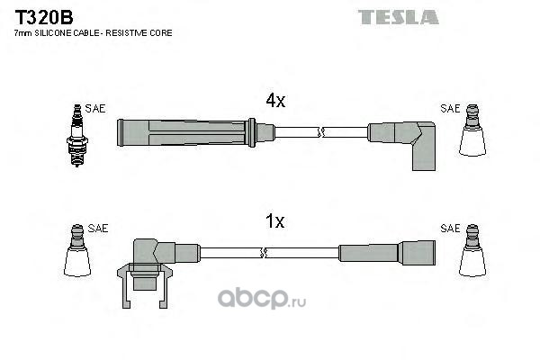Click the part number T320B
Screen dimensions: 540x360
pyautogui.click(x=44, y=18)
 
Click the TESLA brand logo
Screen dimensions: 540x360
pyautogui.click(x=398, y=17)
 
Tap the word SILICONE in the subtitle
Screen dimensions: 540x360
pyautogui.click(x=53, y=33)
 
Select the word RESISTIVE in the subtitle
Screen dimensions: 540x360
pyautogui.click(x=127, y=33)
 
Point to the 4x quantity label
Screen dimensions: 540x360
pyautogui.click(x=275, y=100)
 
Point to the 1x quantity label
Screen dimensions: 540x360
pyautogui.click(x=274, y=221)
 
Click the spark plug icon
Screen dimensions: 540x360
pyautogui.click(x=77, y=135)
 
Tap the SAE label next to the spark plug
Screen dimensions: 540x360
pyautogui.click(x=95, y=109)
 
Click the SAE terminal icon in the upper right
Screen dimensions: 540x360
pyautogui.click(x=472, y=130)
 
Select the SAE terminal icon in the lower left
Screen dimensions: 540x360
pyautogui.click(x=77, y=250)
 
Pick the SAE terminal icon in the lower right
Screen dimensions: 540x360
pyautogui.click(x=472, y=250)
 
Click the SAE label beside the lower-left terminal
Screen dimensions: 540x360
pyautogui.click(x=98, y=228)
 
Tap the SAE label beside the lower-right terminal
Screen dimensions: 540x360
pyautogui.click(x=450, y=228)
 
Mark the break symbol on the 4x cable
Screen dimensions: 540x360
pyautogui.click(x=321, y=132)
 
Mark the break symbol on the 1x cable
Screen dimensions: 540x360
pyautogui.click(x=264, y=253)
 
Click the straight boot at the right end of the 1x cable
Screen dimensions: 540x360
pyautogui.click(x=387, y=253)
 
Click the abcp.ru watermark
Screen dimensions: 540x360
pyautogui.click(x=262, y=298)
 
